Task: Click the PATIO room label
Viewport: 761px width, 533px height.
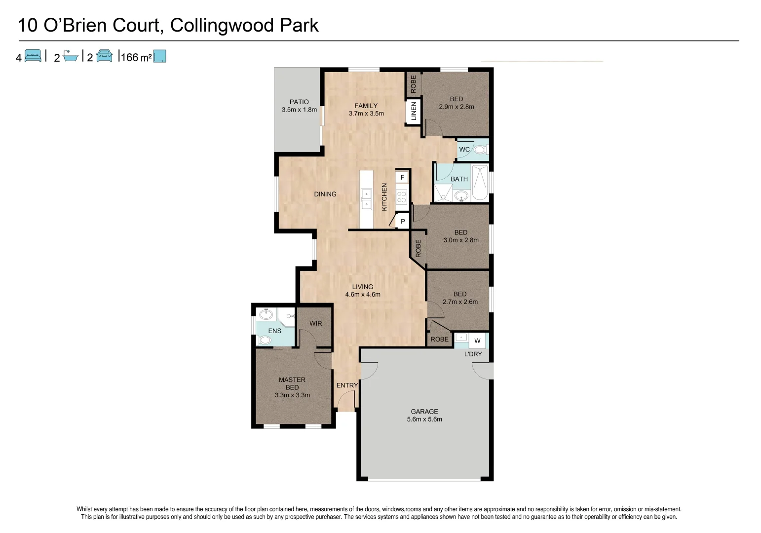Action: pos(299,102)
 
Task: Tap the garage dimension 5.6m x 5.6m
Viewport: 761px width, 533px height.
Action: pos(424,419)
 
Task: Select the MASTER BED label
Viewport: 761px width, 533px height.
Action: pos(292,383)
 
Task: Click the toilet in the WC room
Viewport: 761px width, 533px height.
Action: pos(480,150)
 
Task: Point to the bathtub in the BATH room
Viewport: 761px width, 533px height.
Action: pos(480,183)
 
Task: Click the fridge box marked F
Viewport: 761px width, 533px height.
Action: pos(402,177)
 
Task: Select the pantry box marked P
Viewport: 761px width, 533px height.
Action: pos(403,222)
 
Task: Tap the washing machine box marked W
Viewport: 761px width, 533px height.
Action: pos(477,341)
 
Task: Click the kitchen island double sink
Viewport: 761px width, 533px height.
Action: pos(367,199)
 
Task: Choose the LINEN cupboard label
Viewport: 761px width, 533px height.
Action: pos(414,111)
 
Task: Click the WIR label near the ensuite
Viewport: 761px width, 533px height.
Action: pos(316,323)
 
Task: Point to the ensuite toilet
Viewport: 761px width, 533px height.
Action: pos(265,340)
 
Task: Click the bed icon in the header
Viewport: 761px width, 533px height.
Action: pos(33,56)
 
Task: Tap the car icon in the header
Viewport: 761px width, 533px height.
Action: pos(105,56)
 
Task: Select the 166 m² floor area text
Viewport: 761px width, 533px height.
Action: pos(136,58)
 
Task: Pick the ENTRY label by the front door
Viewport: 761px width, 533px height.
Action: pos(347,385)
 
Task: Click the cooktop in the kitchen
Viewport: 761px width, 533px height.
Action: pos(402,197)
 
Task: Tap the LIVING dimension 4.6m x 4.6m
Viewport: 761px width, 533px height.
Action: pos(363,295)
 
